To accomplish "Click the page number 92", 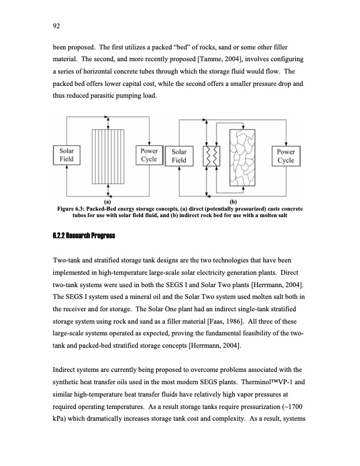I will (x=56, y=25).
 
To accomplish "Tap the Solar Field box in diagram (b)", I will (x=179, y=155).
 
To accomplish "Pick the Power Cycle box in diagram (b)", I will (x=286, y=155).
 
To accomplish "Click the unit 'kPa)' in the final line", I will (x=62, y=420).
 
